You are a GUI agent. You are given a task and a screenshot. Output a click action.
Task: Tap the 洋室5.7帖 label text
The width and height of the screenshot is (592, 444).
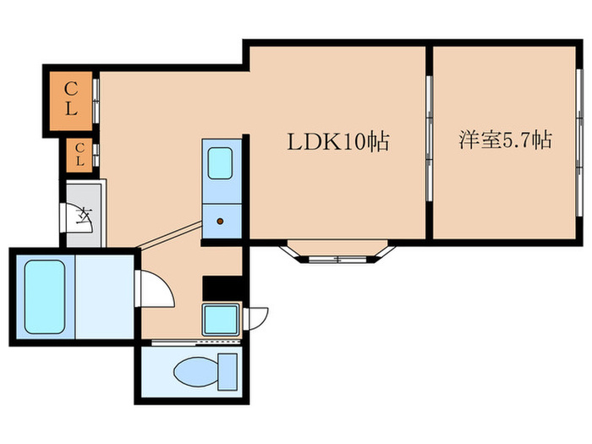(x=506, y=140)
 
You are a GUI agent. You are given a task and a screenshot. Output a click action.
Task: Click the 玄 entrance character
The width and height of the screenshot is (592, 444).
(x=85, y=217)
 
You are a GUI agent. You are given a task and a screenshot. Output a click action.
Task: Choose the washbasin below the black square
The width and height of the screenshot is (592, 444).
(x=222, y=320)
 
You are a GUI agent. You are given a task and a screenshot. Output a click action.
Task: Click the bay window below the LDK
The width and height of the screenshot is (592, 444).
(x=337, y=252)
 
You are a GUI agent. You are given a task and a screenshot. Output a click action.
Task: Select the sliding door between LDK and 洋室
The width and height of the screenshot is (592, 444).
(x=429, y=140)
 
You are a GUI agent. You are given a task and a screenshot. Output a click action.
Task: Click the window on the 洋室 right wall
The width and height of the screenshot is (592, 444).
(x=580, y=140)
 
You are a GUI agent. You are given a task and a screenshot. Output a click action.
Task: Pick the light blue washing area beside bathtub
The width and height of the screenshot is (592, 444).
(x=105, y=296)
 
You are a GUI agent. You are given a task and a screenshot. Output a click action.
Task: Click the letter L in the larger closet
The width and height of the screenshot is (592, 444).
(x=72, y=107)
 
